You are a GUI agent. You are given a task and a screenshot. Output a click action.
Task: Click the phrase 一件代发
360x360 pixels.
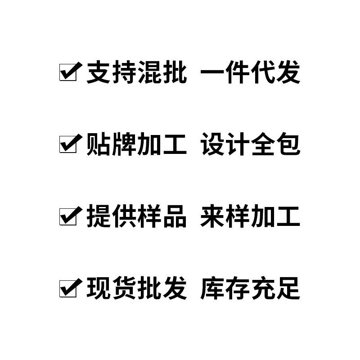coord(250,72)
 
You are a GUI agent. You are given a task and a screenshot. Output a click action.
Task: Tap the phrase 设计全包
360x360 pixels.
coord(250,144)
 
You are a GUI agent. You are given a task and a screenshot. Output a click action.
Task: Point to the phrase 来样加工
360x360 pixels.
coord(250,216)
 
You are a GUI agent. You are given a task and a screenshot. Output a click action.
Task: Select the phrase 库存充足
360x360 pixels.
coord(250,288)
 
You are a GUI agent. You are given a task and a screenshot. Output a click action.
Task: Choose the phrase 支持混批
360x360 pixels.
coord(136,72)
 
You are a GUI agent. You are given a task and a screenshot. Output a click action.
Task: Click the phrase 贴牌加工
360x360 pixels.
coord(136,144)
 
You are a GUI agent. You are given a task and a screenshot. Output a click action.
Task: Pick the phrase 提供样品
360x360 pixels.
coord(136,216)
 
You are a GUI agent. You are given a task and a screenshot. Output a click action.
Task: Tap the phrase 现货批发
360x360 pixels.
coord(136,288)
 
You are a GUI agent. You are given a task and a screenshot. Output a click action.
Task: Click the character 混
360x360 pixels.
coord(149,72)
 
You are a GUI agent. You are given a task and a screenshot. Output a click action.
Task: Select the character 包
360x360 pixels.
coord(288,144)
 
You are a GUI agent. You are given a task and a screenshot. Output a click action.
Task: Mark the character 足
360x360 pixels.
coord(288,288)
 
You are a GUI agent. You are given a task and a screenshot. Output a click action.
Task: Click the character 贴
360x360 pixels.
coord(99,144)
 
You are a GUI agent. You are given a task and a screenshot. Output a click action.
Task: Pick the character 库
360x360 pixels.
coord(212,288)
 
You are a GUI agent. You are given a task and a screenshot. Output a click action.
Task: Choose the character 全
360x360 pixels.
coord(263,144)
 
